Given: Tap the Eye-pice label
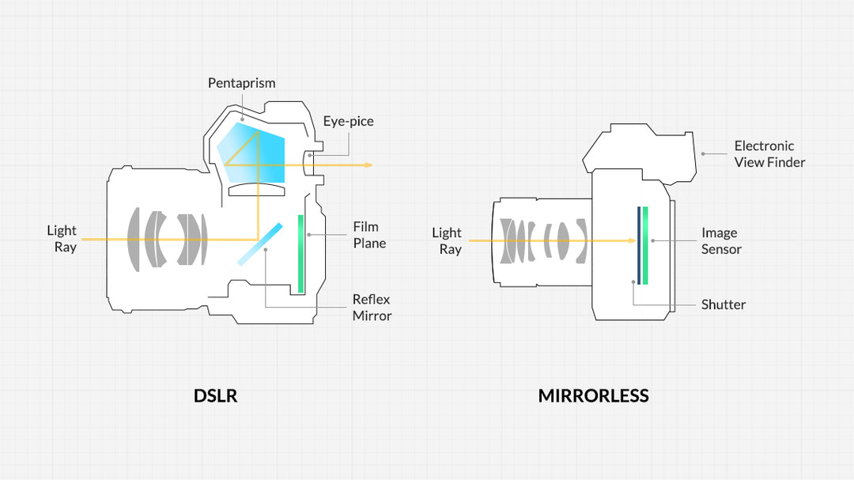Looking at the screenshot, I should [348, 122].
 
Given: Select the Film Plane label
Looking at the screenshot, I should [369, 235].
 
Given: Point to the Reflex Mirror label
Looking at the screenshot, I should [372, 308].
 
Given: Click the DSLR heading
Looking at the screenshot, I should [215, 396].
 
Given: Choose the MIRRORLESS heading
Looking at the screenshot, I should [593, 396].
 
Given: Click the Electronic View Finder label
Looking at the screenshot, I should [769, 154].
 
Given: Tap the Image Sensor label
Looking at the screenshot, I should [720, 241].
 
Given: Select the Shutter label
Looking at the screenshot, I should [723, 304].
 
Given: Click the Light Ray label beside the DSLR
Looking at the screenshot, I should [62, 239].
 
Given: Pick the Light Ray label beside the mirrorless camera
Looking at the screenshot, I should [447, 240].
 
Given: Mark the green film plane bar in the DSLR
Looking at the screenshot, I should [300, 253].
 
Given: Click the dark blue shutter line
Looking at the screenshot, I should [638, 244].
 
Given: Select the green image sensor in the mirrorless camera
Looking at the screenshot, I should [646, 244].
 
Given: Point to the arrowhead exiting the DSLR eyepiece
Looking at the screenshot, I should [368, 165].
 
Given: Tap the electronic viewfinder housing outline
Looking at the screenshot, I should [640, 149].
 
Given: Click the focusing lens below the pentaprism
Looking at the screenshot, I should [257, 190].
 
